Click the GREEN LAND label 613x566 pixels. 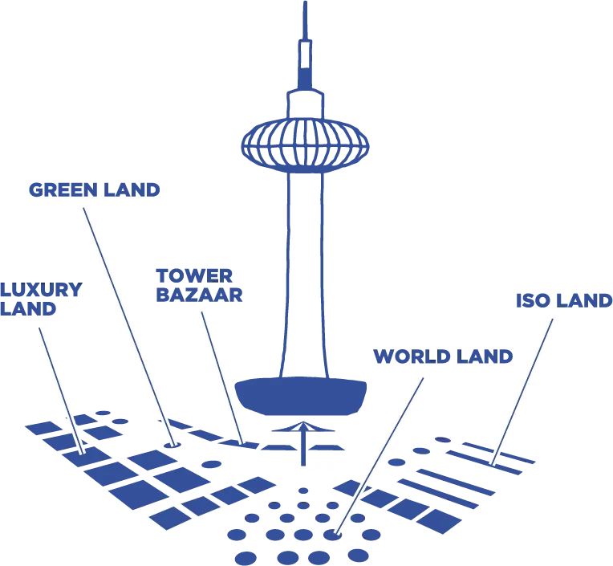pyautogui.click(x=94, y=190)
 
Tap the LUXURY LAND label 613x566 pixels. pyautogui.click(x=41, y=299)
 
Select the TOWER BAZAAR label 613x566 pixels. pyautogui.click(x=199, y=286)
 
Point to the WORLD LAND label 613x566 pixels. pyautogui.click(x=443, y=356)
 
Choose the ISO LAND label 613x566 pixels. pyautogui.click(x=564, y=300)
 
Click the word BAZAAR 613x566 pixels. pyautogui.click(x=199, y=295)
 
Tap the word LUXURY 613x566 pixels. pyautogui.click(x=41, y=290)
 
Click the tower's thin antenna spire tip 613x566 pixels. pyautogui.click(x=306, y=2)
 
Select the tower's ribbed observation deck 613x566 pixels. pyautogui.click(x=305, y=145)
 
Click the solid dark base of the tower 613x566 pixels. pyautogui.click(x=300, y=396)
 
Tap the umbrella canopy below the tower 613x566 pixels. pyautogui.click(x=303, y=427)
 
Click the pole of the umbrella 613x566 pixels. pyautogui.click(x=303, y=448)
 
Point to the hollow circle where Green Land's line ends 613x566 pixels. pyautogui.click(x=172, y=444)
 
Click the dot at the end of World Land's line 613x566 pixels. pyautogui.click(x=333, y=534)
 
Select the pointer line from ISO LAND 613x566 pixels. pyautogui.click(x=522, y=392)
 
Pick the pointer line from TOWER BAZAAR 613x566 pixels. pyautogui.click(x=222, y=378)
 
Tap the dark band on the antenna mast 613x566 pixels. pyautogui.click(x=305, y=78)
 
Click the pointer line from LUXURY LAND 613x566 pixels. pyautogui.click(x=61, y=390)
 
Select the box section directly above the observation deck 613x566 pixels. pyautogui.click(x=306, y=104)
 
